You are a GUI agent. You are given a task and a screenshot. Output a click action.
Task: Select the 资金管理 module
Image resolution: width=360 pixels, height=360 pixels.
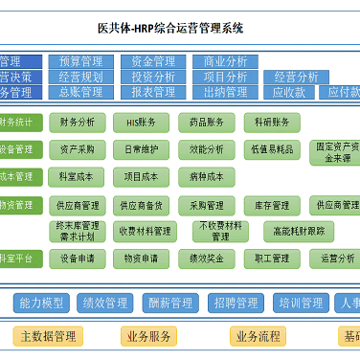(153, 61)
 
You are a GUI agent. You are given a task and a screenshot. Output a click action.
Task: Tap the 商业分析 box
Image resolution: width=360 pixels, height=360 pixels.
(226, 61)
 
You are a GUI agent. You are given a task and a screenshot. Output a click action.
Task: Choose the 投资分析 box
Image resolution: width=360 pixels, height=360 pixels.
(153, 77)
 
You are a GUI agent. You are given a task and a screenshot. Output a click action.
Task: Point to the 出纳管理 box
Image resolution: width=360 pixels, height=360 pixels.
(226, 92)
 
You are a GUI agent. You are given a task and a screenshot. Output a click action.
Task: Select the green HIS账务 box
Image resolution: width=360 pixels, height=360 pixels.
(142, 122)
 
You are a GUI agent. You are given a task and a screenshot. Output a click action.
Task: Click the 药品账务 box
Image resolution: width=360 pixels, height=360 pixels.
(206, 122)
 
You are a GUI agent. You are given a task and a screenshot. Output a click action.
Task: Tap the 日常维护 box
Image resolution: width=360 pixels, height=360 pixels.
(142, 149)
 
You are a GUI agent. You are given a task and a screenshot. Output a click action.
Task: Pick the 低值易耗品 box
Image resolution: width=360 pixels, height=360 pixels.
(272, 149)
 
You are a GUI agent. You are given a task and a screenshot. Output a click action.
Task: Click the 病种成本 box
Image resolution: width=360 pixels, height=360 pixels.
(206, 176)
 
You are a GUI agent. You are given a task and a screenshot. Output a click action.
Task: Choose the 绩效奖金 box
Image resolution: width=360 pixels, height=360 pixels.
(206, 258)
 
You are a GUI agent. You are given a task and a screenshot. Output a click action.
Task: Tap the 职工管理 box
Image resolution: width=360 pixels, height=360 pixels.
(272, 258)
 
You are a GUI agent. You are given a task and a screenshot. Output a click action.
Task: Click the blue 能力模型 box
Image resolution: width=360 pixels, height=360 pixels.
(41, 303)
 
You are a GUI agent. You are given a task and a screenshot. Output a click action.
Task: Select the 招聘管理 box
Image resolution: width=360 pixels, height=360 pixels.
(234, 303)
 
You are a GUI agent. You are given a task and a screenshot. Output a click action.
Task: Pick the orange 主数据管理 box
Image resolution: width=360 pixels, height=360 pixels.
(48, 335)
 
